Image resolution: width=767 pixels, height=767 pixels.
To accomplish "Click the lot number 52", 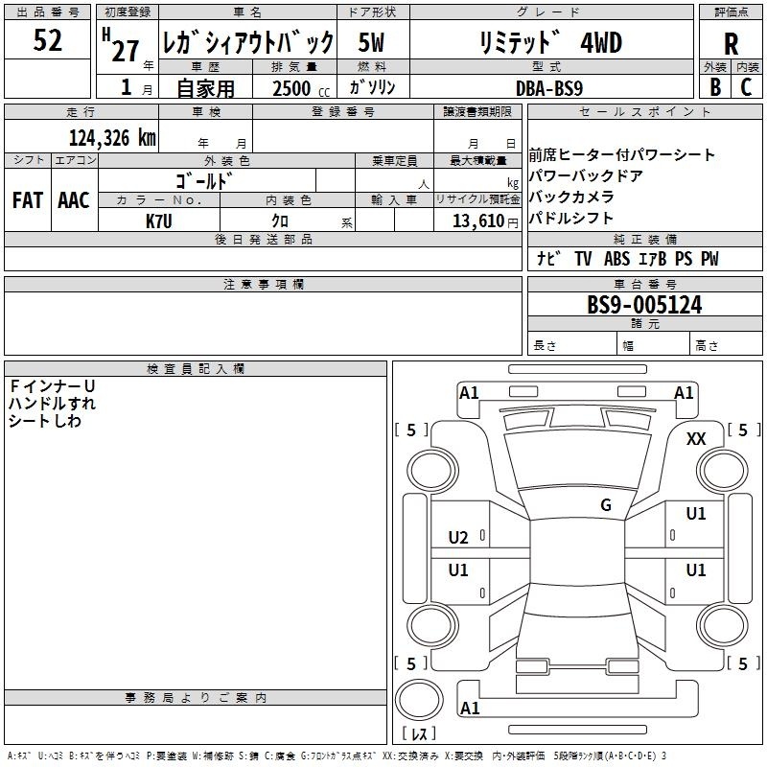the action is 47,40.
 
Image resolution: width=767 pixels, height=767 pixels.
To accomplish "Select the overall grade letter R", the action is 731,44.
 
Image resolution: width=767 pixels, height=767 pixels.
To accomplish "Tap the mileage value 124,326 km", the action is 112,138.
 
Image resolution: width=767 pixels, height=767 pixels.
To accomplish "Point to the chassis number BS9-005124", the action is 644,305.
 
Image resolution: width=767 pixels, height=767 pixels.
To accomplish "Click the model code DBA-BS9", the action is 549,88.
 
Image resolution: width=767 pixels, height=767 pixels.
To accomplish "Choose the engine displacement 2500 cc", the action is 301,88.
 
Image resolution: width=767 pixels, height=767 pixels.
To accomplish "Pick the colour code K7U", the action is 158,221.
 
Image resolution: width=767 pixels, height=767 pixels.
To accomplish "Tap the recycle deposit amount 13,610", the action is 478,221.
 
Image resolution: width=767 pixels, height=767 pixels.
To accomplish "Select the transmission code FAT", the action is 28,200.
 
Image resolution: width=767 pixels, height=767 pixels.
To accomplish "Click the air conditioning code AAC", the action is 74,200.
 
